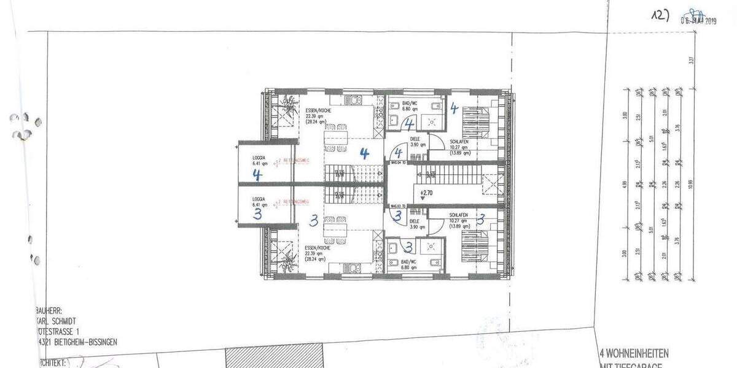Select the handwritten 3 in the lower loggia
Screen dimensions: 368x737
coord(257,213)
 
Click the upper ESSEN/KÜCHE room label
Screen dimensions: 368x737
coord(319,112)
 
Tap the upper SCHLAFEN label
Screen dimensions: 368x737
coord(459,142)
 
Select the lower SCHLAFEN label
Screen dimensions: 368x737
coord(459,215)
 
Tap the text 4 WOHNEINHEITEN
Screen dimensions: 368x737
coord(633,353)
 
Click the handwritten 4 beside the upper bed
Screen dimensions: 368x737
coord(454,109)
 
